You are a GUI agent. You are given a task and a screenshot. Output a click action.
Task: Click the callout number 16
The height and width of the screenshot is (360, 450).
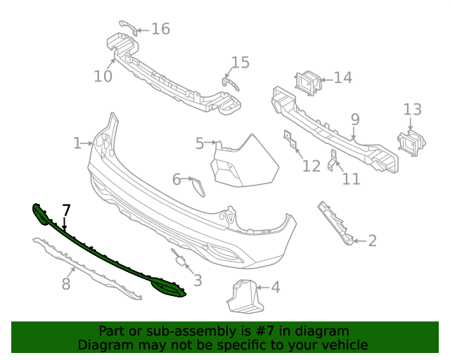160,29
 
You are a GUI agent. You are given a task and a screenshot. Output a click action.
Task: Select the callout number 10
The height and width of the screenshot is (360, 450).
103,75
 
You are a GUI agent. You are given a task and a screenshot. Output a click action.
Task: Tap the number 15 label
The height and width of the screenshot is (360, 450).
240,63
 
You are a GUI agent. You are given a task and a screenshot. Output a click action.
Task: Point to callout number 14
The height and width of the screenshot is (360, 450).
342,77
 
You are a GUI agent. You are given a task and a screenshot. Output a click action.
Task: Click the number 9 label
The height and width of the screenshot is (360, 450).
355,119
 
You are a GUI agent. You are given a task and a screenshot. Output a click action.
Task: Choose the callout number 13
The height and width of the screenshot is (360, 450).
412,109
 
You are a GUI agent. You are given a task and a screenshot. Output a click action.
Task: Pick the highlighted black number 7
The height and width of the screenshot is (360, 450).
66,210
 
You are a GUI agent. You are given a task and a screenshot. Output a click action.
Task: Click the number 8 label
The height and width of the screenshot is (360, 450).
66,284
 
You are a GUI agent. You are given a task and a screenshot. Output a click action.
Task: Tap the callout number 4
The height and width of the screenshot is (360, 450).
275,287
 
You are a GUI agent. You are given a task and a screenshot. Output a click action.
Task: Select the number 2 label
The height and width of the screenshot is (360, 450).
372,241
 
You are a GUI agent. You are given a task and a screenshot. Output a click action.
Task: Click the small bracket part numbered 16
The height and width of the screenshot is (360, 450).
127,26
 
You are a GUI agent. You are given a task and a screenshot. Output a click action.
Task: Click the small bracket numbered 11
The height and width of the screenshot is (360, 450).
334,159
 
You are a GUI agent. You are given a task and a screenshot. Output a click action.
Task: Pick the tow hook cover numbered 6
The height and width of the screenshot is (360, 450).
198,186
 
